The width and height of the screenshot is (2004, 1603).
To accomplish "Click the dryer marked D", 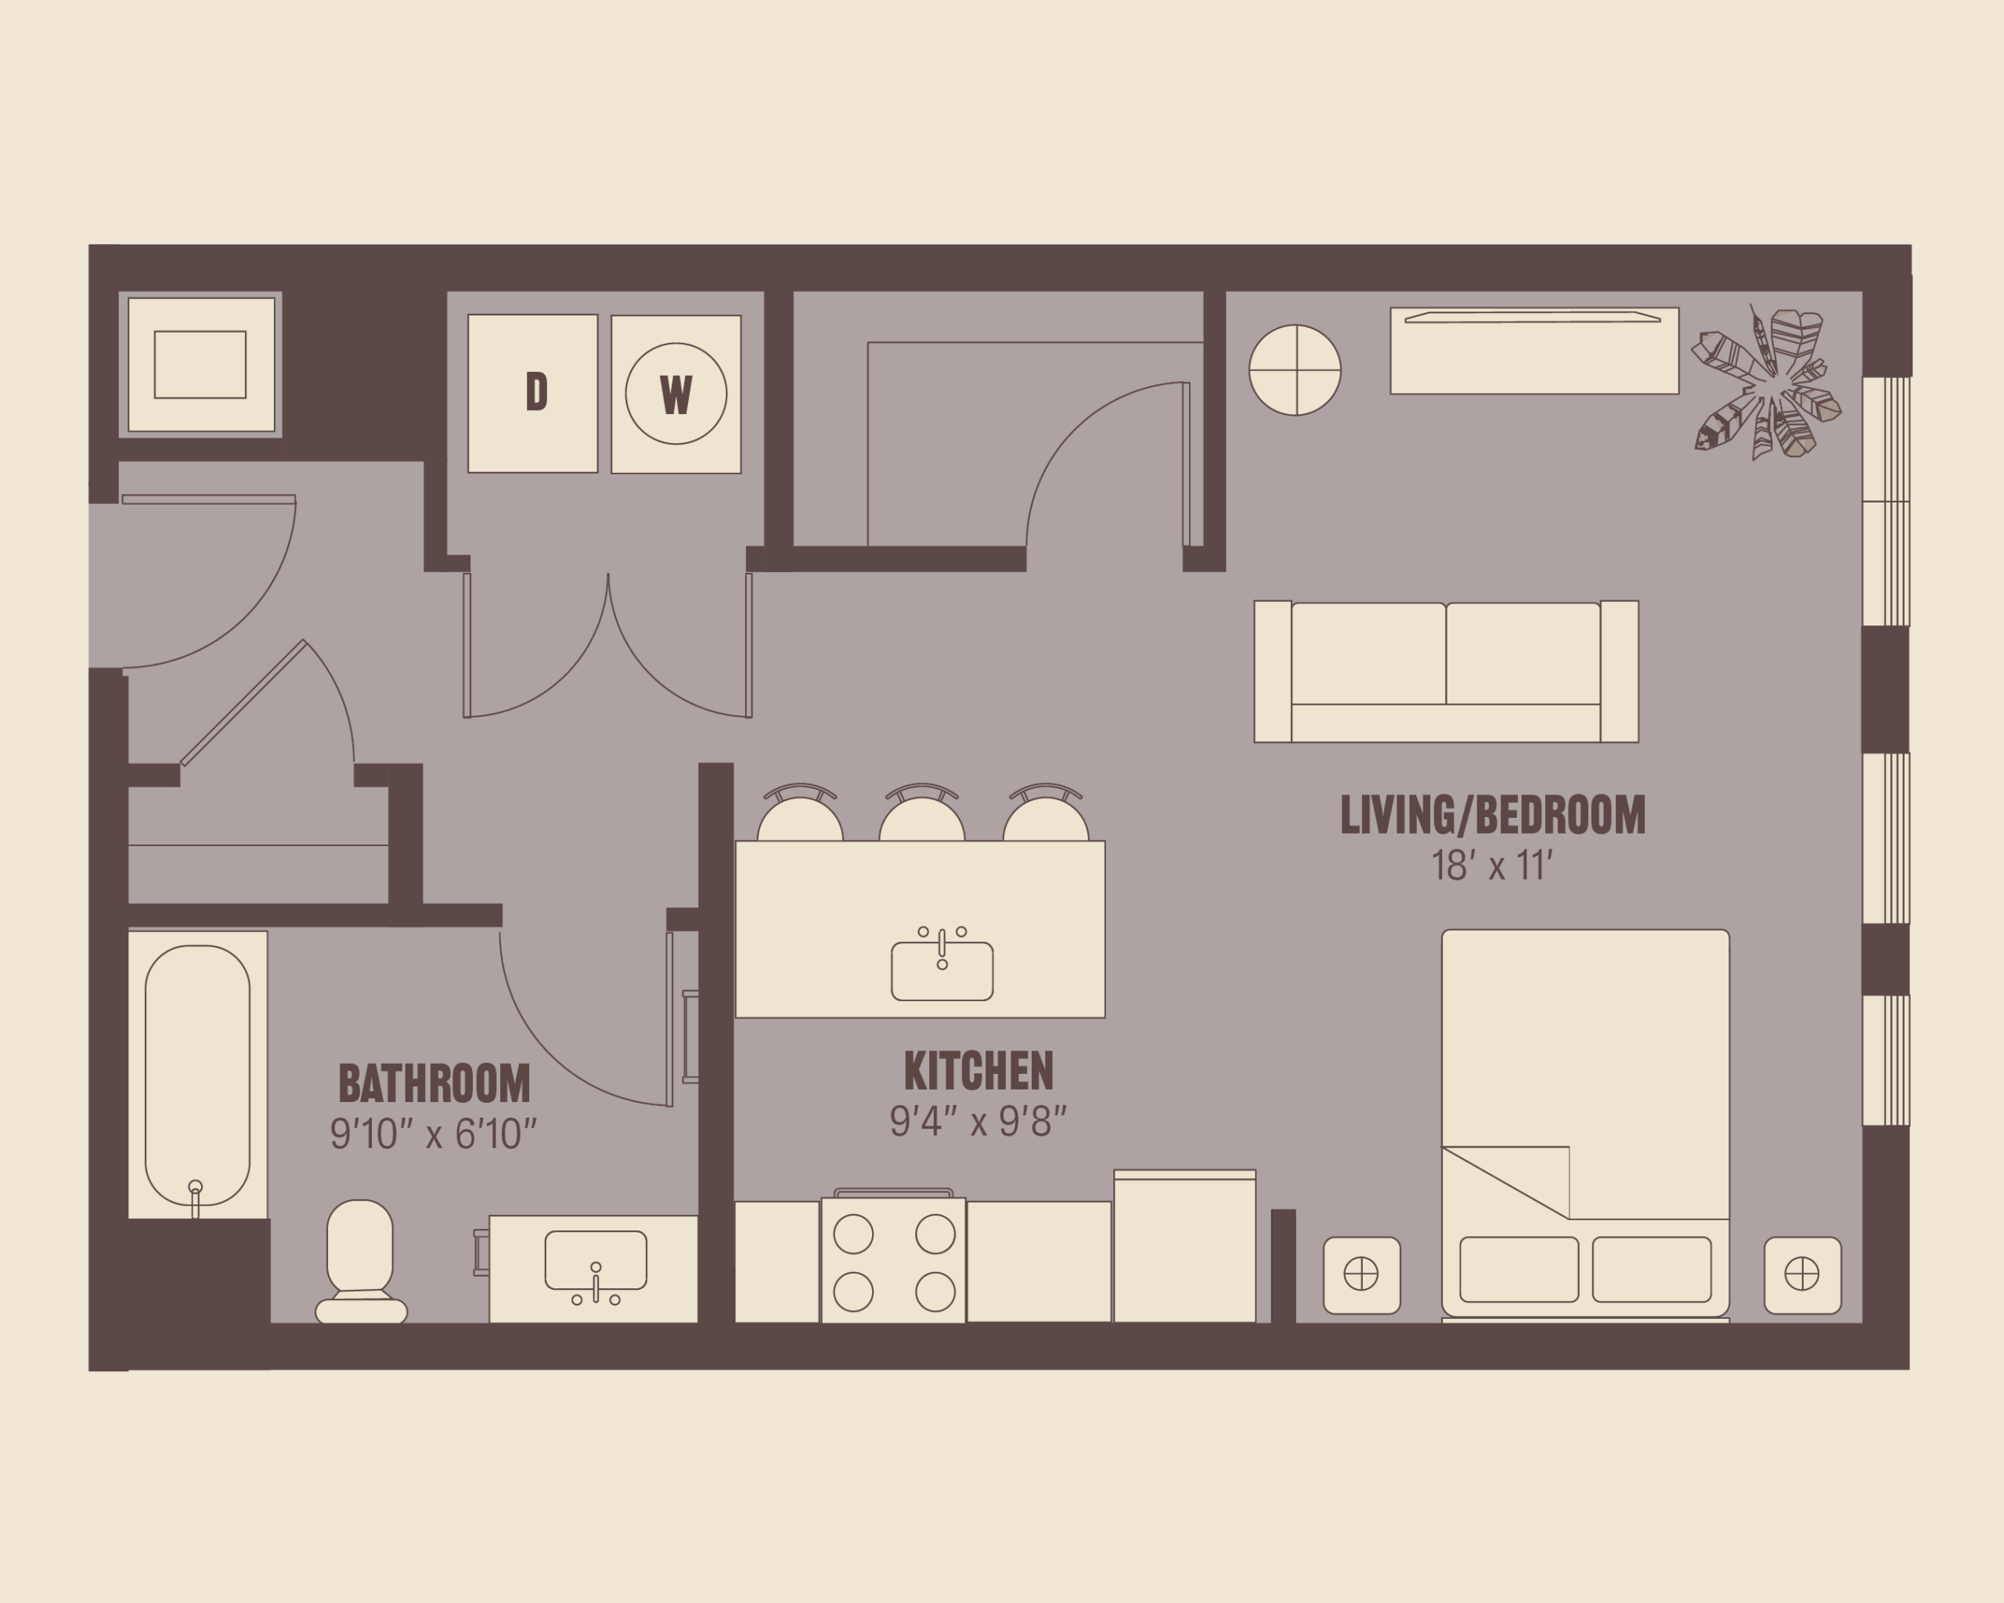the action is coord(532,393).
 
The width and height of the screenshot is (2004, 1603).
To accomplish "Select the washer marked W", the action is coord(676,394).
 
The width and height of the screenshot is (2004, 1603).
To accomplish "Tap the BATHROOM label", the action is coord(434,1082).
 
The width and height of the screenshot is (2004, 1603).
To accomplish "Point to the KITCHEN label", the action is coord(979,1071).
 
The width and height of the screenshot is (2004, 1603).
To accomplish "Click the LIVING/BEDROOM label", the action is coord(1493,815).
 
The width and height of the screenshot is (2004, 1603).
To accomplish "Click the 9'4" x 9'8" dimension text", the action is coord(978,1122).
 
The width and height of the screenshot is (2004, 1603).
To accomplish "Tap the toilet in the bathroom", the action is coord(361,1261).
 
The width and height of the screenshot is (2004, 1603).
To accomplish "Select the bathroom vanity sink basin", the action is coord(596,1260).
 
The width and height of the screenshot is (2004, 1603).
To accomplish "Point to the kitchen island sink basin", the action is coord(943,971).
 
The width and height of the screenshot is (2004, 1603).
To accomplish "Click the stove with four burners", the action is coord(893,1259).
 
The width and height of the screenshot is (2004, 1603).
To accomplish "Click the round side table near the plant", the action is coord(1295,370).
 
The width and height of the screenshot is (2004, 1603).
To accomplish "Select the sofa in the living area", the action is coord(1447,671).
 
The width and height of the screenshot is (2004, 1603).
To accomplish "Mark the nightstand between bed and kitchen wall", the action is coord(1362,1275).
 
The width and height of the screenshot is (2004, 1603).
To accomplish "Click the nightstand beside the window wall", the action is coord(1802,1275).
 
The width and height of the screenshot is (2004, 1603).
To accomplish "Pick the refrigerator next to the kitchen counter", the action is coord(1185,1246).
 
